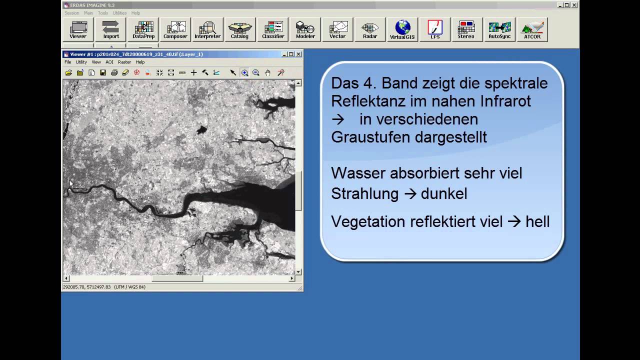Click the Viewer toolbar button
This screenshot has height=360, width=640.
point(78,29)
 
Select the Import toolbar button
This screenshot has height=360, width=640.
point(111,29)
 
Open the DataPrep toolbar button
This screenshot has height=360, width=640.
point(143,29)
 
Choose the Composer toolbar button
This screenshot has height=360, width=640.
point(175,29)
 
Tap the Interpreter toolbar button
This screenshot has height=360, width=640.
point(207,29)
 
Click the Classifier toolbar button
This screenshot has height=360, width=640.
point(273,29)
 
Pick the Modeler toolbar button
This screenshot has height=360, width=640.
point(305,29)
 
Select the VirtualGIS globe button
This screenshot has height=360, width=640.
point(402,29)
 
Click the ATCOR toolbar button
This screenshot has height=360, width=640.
point(532,29)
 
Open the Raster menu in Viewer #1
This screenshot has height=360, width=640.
point(124,62)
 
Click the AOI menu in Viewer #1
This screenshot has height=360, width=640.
point(109,62)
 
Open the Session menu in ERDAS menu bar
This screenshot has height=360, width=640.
point(72,13)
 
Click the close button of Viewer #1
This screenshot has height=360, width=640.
point(298,54)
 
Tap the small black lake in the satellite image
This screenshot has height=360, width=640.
point(201,130)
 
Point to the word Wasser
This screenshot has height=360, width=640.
point(358,173)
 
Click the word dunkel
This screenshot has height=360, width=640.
point(444,194)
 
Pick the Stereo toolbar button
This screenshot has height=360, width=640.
point(466,29)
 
